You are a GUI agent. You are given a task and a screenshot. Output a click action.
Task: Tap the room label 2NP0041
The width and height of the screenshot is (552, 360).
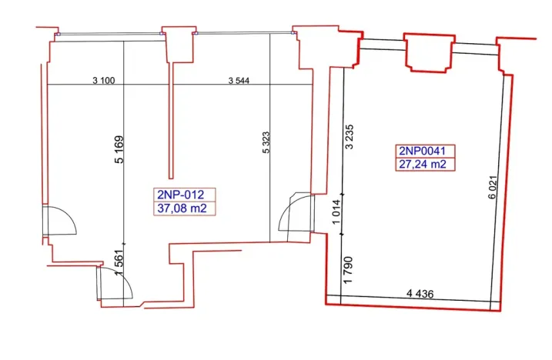pyautogui.click(x=422, y=151)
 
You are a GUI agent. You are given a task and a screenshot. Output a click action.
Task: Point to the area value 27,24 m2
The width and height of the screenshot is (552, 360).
pyautogui.click(x=422, y=164)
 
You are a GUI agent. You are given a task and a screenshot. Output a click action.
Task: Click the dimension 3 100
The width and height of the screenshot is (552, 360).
pyautogui.click(x=103, y=79)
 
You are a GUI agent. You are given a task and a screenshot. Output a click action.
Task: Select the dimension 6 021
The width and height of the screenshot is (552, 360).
pyautogui.click(x=492, y=189)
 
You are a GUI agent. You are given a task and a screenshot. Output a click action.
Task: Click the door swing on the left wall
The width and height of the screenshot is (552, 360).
pyautogui.click(x=60, y=222)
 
